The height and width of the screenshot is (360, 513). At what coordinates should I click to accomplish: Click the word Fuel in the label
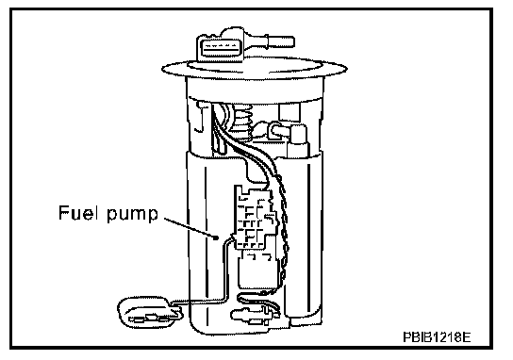tap(78, 212)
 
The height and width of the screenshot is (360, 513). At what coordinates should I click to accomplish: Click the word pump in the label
tap(133, 215)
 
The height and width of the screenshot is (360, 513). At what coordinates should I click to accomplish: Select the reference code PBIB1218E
tap(437, 337)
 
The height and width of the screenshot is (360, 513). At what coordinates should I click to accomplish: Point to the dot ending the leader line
tap(216, 237)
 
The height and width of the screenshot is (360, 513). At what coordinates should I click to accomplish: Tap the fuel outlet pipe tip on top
tap(291, 41)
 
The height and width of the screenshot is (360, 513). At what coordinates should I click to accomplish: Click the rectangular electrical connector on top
tap(220, 49)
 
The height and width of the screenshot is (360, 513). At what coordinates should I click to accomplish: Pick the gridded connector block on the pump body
tap(255, 218)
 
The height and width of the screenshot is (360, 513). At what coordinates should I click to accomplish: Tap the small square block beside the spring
tap(290, 112)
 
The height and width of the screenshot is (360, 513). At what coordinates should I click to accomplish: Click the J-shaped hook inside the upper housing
tap(200, 118)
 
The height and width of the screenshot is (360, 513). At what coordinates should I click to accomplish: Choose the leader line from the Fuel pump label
tap(190, 227)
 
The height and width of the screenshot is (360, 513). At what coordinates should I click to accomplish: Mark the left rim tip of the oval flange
tap(162, 70)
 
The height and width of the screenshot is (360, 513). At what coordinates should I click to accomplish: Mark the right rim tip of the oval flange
tap(347, 69)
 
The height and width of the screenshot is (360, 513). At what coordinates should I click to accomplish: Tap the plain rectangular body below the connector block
tap(258, 270)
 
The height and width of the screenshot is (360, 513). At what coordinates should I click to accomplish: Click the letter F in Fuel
tap(63, 212)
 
